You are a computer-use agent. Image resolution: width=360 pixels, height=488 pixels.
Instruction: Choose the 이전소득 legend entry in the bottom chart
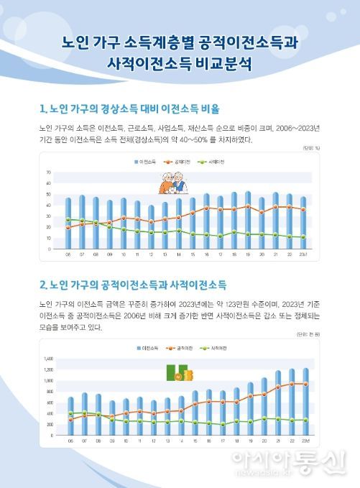[149, 348]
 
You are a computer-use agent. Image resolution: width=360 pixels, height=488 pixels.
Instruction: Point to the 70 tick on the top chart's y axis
[49, 173]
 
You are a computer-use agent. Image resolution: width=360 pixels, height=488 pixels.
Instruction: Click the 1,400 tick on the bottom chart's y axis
[49, 358]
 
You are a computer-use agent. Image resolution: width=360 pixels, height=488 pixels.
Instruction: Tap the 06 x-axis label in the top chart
[68, 254]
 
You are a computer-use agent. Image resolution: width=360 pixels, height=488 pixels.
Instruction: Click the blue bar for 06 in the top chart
[68, 223]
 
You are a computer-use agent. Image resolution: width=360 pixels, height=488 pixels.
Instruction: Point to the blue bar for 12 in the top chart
[151, 226]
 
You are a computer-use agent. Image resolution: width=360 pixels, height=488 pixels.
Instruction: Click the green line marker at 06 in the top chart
[68, 219]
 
